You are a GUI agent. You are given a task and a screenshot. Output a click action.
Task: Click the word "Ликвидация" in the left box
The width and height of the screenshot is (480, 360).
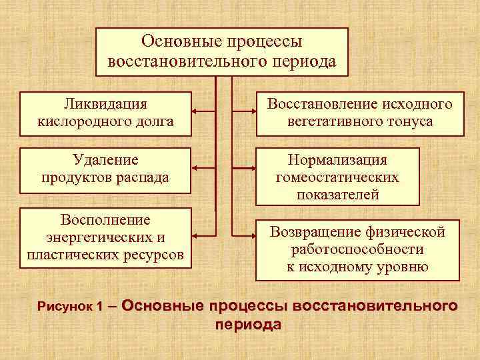pos(107,104)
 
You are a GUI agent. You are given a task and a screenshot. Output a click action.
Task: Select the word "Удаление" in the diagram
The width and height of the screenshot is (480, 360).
pos(105,160)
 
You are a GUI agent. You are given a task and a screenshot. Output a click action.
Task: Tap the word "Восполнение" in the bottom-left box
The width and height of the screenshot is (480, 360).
pos(105,220)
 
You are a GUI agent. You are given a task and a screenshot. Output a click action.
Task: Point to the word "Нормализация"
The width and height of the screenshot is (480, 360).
pos(337,160)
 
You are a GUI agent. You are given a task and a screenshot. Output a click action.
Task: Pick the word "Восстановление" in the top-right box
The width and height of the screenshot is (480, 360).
pos(322,104)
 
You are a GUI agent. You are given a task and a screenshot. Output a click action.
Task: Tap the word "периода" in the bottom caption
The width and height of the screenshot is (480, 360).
pos(249,325)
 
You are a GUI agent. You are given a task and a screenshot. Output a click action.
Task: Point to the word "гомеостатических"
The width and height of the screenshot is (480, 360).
pos(337,177)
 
